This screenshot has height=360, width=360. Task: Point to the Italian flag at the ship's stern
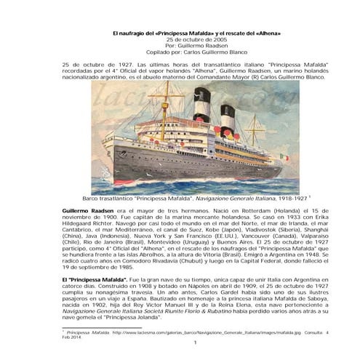284,156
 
